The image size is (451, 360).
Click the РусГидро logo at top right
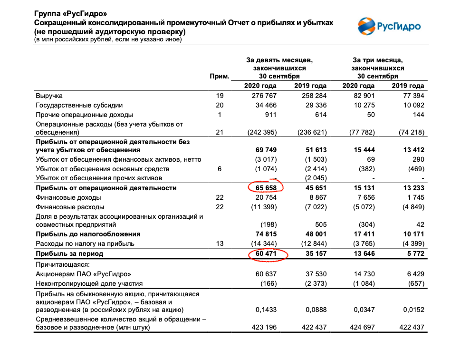[x=389, y=26]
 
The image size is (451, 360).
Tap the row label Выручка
[x=49, y=96]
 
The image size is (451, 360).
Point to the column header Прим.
[x=220, y=76]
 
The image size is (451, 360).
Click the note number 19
[x=219, y=96]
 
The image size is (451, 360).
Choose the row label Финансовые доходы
[x=68, y=197]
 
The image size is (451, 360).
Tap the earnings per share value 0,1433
[x=266, y=309]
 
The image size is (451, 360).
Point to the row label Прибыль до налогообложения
[x=88, y=234]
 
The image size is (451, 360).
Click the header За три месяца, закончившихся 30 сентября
[x=378, y=68]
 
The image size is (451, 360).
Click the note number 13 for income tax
[x=219, y=243]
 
